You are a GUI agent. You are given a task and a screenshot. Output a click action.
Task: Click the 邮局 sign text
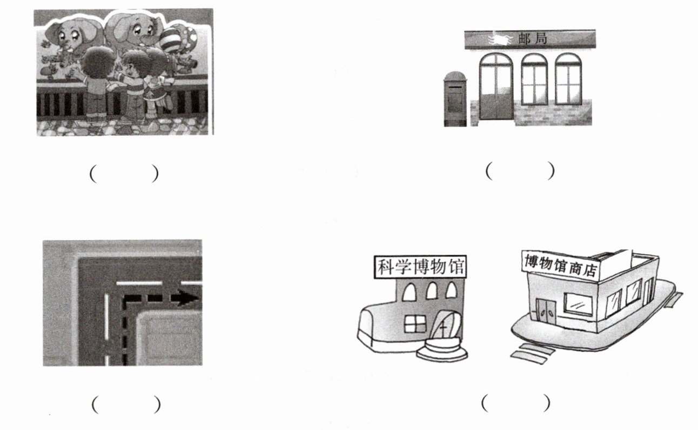(532, 39)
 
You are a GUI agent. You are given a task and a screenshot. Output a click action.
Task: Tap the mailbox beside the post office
(455, 99)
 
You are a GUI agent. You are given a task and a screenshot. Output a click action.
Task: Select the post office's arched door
(496, 87)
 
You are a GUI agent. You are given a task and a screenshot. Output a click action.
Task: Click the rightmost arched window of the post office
(568, 79)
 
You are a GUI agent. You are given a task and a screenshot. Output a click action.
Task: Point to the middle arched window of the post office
(534, 79)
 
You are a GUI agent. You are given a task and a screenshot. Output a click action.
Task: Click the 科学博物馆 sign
(420, 267)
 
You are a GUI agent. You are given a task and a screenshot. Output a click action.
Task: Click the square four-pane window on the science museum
(415, 324)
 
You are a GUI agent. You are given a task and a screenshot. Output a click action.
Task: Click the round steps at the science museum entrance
(442, 349)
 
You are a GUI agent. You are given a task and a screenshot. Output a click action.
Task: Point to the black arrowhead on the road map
(187, 297)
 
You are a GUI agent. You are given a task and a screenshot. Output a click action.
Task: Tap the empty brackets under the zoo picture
(124, 173)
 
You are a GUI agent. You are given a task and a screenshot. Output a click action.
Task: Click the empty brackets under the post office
(520, 171)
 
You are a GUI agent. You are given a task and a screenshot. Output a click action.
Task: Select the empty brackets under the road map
(126, 405)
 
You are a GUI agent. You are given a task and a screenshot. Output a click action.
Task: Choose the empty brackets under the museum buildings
(516, 403)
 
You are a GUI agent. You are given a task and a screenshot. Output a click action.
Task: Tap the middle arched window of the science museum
(431, 291)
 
